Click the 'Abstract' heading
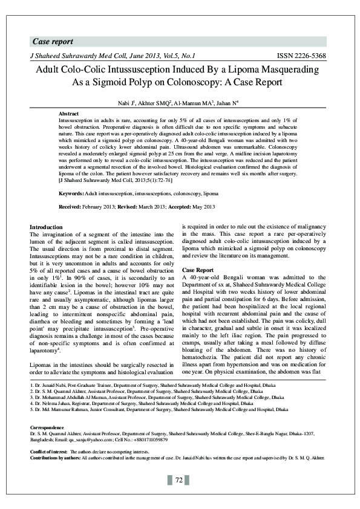tap(68, 114)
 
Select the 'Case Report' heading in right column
tap(198, 270)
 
